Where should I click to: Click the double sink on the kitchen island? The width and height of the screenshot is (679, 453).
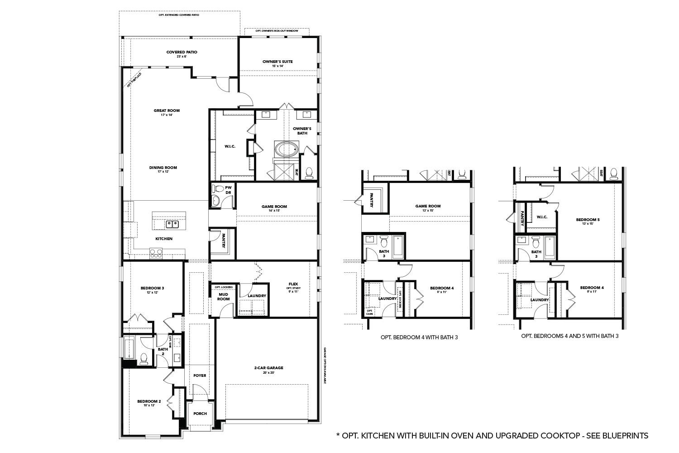[x=172, y=224]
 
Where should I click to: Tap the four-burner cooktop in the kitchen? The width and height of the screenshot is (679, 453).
[x=156, y=254]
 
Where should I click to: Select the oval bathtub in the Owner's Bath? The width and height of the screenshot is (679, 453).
[x=286, y=148]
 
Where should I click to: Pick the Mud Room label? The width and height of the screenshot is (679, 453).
[x=224, y=297]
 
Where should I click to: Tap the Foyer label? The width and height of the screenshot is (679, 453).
[x=200, y=376]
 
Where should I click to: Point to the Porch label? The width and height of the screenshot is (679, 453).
[x=200, y=414]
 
